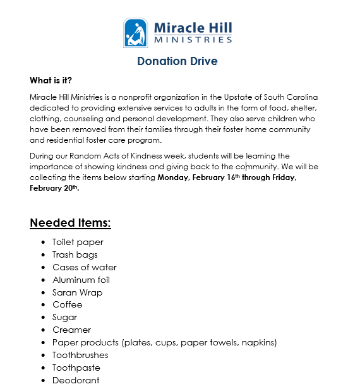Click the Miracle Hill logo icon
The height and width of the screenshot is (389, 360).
[136, 33]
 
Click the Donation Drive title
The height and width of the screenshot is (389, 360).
[177, 61]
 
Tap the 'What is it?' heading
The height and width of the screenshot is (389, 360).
[51, 81]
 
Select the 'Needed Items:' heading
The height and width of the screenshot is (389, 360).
[70, 223]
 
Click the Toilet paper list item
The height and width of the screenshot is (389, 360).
[78, 242]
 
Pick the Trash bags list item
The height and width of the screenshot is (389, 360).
[75, 254]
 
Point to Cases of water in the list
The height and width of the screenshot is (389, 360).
[85, 267]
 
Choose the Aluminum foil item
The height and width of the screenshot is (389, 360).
[81, 280]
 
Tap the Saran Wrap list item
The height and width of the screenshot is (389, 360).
[77, 292]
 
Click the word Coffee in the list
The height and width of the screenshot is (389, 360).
[67, 304]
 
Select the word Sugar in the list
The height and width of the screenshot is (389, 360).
[64, 317]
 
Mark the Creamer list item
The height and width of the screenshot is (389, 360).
[71, 330]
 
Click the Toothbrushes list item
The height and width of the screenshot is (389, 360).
[80, 355]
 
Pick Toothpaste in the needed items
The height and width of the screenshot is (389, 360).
[76, 368]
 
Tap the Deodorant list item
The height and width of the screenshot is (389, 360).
[76, 380]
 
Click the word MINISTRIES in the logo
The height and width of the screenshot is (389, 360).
[193, 40]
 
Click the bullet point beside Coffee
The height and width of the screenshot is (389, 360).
[43, 305]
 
